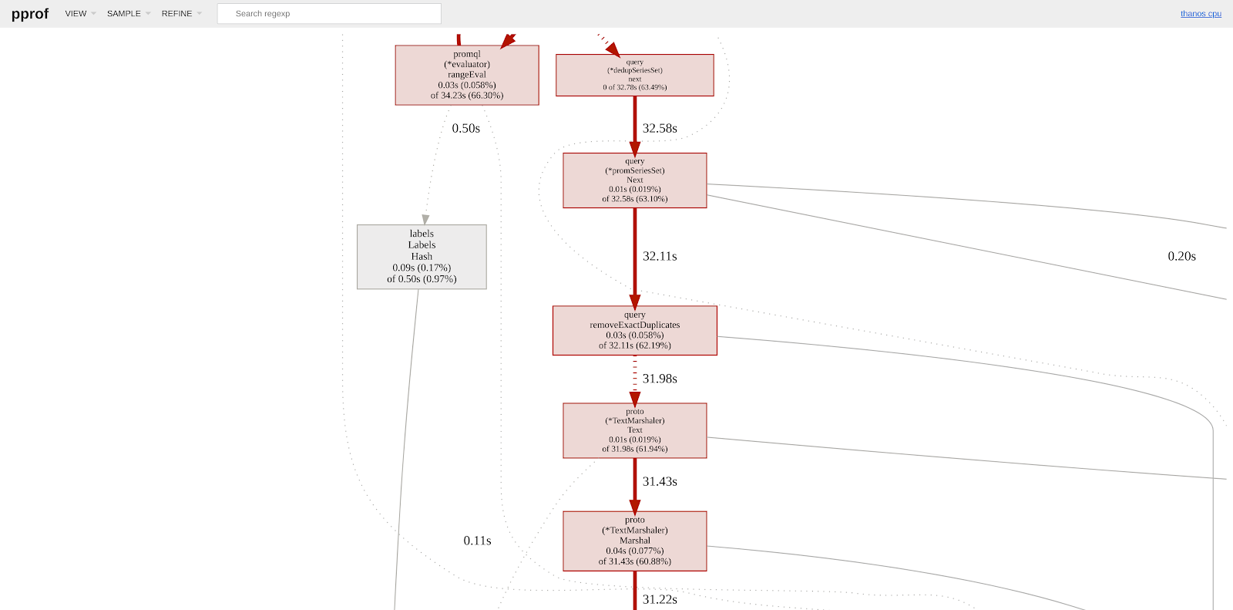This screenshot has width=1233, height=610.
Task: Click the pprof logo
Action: (30, 14)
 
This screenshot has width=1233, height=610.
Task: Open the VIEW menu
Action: (76, 14)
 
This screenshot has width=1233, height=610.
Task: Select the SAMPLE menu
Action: (124, 14)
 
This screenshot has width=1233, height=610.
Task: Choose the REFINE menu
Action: (177, 14)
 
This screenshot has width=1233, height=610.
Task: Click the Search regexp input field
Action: (329, 14)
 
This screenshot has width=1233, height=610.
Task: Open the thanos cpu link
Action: (1201, 14)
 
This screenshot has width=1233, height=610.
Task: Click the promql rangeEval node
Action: (467, 75)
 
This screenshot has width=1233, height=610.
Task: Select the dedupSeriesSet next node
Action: (634, 75)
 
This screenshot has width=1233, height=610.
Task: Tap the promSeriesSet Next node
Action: (634, 180)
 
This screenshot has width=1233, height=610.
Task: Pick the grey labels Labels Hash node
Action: (422, 257)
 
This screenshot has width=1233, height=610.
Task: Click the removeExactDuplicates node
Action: (634, 331)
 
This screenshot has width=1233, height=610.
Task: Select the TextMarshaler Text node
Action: (634, 430)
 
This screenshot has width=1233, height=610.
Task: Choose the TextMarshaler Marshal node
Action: (634, 541)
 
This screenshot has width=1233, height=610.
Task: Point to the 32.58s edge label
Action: (660, 129)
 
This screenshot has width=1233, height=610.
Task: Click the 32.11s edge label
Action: (660, 257)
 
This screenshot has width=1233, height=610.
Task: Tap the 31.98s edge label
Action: (660, 379)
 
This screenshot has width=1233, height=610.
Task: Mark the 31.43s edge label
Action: (660, 482)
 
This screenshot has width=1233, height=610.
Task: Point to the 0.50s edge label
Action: (465, 129)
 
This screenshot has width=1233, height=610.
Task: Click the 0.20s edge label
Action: (1181, 257)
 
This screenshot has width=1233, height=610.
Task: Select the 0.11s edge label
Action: (477, 541)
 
